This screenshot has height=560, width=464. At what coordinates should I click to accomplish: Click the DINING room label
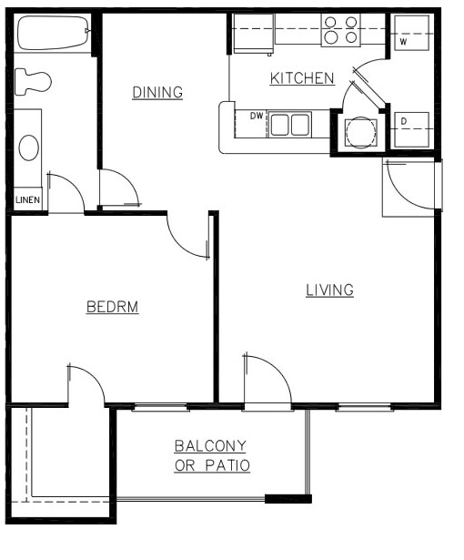pos(157,92)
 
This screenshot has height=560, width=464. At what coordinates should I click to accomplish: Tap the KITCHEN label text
pos(302,78)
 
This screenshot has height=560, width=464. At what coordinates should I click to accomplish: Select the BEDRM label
pos(112,307)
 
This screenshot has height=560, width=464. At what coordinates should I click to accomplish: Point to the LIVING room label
pos(329,290)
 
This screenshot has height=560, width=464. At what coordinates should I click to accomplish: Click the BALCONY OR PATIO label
pos(211,455)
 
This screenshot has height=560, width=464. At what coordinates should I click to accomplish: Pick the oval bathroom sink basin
pos(29,148)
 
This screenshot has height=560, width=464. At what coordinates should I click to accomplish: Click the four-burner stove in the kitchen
pos(342,30)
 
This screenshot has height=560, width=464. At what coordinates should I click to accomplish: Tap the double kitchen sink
pos(289,124)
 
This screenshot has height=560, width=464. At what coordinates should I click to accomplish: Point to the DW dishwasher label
pos(257,116)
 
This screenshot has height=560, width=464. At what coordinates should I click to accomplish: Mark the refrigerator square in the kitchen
pos(253,34)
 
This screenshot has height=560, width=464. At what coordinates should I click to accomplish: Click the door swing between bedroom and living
pos(189,237)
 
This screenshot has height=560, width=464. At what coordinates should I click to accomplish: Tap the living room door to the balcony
pos(267,378)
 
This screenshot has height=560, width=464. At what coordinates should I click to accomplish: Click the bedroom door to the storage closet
pos(86,384)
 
